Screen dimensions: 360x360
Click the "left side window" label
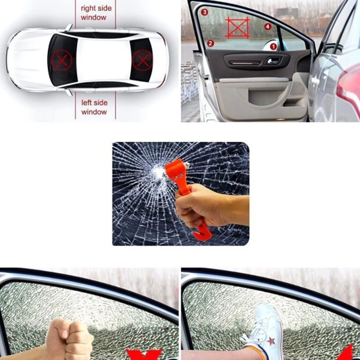[94, 107]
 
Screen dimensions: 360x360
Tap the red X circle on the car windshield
[59, 60]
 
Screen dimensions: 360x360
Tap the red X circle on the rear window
[141, 60]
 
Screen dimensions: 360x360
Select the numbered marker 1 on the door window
[273, 46]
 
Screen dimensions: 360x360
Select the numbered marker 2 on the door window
[210, 43]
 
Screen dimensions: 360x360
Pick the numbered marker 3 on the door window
[205, 12]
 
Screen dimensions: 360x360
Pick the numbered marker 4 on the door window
[268, 27]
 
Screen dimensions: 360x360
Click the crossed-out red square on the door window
[237, 28]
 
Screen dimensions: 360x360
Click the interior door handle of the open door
[272, 60]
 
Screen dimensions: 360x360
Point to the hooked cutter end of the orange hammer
[201, 232]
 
